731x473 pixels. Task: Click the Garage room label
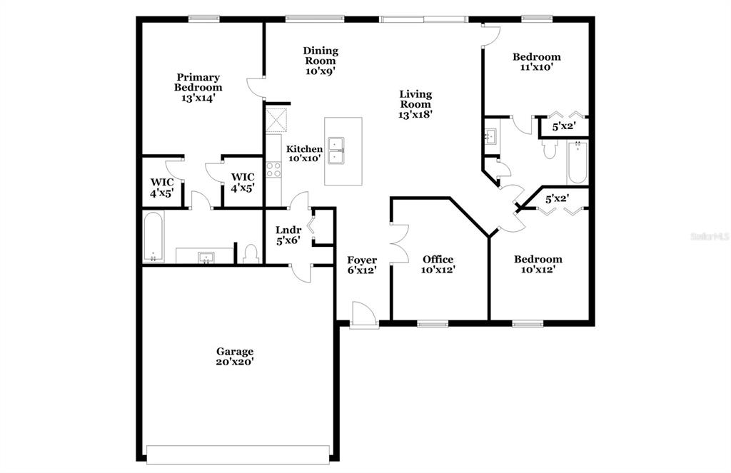point(234,357)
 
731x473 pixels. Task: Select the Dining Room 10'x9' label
point(321,61)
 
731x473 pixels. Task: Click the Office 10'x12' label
point(438,264)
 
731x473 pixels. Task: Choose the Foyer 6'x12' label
point(362,265)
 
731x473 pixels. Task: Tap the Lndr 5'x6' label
point(288,235)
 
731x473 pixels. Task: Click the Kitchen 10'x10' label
point(304,153)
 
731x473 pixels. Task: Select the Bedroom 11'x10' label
point(537,61)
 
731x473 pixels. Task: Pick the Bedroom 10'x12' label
point(538,264)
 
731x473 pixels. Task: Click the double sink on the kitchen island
point(336,151)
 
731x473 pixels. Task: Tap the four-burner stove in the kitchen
point(273,170)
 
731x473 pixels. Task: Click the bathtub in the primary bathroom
point(153,237)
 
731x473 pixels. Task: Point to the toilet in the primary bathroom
point(251,255)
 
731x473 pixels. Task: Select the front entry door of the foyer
point(363,315)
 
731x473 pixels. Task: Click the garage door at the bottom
point(238,454)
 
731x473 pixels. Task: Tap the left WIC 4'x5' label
point(162,188)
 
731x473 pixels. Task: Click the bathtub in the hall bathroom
point(577,163)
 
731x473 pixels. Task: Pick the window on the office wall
point(433,323)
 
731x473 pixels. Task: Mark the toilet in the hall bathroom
point(550,148)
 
